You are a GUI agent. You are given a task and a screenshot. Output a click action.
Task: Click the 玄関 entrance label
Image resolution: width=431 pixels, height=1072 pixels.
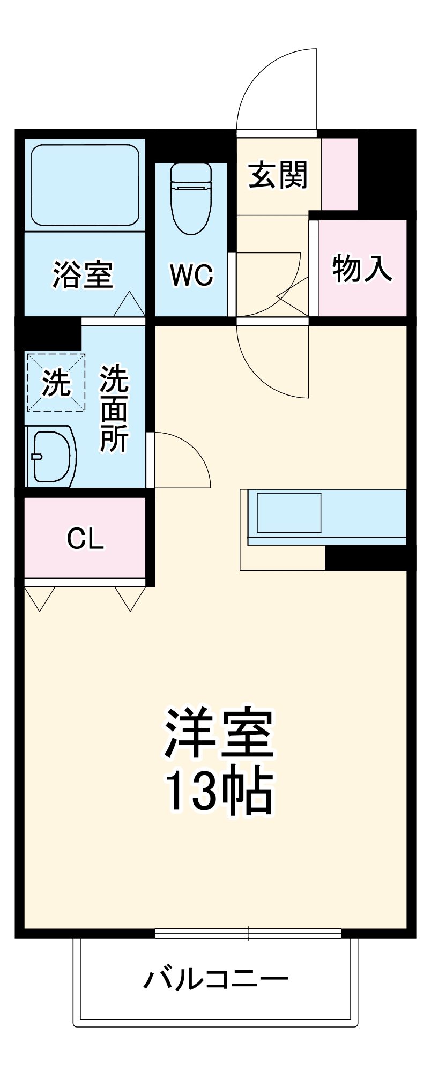[x=278, y=175]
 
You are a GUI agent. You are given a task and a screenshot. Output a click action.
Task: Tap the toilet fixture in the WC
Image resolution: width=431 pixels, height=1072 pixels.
[x=191, y=198]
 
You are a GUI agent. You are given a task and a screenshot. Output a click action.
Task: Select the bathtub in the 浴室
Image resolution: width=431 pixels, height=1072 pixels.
[x=85, y=185]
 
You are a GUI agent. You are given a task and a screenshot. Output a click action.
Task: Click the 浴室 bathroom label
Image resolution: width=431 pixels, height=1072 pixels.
[x=83, y=274]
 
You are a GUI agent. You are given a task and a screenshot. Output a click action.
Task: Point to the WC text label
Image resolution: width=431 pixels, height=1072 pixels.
[x=191, y=276]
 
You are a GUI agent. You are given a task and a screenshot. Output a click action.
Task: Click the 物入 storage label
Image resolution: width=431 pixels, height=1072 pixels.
[x=362, y=268]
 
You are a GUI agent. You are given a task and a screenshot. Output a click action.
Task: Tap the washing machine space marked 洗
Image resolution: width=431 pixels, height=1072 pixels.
[x=56, y=382]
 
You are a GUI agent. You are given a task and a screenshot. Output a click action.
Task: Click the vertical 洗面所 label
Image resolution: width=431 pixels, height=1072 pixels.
[x=114, y=408]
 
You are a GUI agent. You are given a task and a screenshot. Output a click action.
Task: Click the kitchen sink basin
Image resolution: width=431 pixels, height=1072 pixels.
[x=289, y=512]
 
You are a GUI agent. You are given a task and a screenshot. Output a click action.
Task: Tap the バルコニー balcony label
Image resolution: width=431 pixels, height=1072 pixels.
[x=215, y=979]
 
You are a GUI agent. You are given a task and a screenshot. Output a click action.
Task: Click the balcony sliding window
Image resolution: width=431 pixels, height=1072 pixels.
[x=248, y=933]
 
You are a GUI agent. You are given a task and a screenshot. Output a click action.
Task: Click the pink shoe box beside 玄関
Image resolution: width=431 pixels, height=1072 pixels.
[x=339, y=174]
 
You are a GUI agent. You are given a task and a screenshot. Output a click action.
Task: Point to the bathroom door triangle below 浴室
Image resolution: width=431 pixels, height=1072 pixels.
[x=129, y=304]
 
